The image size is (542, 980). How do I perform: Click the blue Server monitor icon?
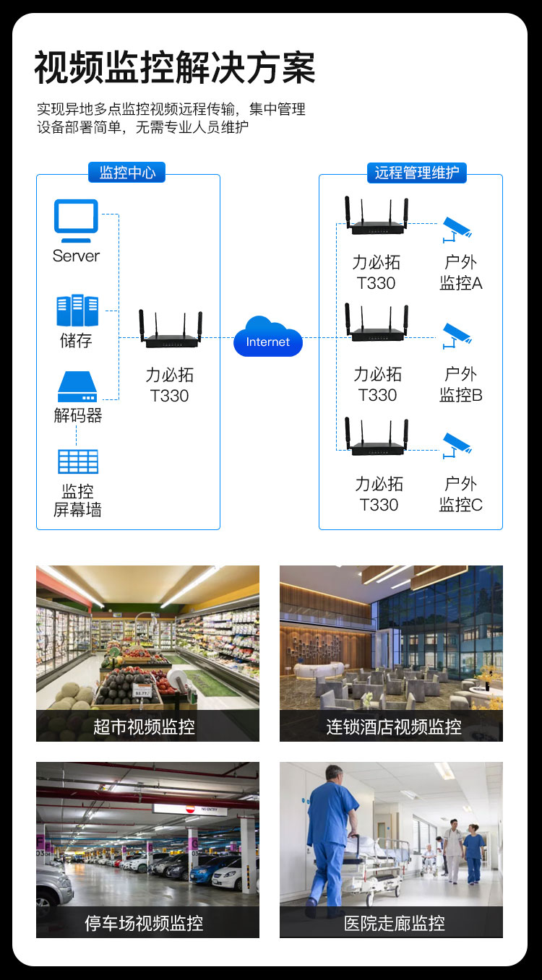76,220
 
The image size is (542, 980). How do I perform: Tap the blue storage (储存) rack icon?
77,310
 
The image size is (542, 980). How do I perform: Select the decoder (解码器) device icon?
77,386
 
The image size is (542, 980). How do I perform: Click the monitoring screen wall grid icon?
78,461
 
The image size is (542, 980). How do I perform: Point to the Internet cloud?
268,337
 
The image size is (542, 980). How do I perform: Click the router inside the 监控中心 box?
171,329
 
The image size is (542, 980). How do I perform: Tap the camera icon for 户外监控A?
456,230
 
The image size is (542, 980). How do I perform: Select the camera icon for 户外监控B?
456,336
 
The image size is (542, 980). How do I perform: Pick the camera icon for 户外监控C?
456,446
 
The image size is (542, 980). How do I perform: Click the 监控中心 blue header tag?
127,173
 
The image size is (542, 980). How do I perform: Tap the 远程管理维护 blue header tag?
417,173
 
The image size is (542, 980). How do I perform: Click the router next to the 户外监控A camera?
377,216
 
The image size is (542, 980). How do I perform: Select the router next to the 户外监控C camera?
377,437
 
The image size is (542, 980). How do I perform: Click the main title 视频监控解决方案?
175,67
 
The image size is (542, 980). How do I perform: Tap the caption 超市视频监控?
144,727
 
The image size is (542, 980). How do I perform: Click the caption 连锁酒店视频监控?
394,727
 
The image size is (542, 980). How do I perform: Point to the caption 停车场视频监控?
144,923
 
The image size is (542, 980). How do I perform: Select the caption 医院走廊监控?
394,923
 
